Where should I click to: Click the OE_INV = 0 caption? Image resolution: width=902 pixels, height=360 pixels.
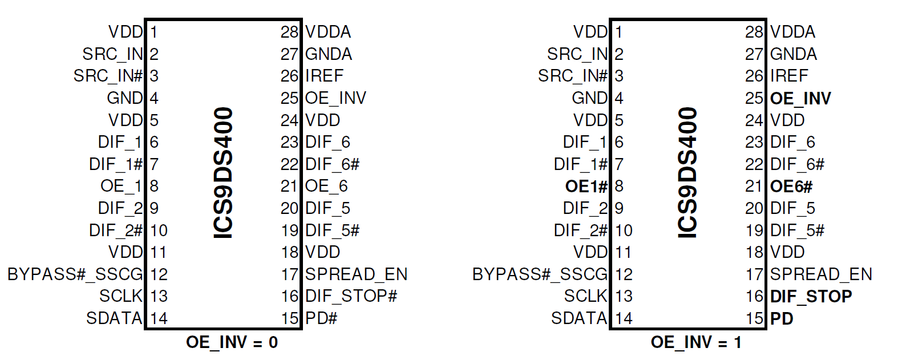point(232,342)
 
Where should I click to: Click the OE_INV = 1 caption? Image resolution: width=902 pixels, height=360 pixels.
point(696,342)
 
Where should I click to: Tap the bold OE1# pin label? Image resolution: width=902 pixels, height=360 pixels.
point(586,187)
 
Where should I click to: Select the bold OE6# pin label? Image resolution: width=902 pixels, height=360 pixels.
point(791,187)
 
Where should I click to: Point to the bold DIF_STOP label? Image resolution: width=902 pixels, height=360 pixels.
point(811,297)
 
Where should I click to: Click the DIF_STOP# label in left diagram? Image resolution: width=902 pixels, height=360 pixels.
point(351,297)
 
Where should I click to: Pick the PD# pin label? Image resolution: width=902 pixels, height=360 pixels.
point(321,318)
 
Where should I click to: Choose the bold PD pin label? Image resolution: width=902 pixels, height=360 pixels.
point(782,318)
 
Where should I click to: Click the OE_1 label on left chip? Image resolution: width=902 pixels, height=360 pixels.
point(121,187)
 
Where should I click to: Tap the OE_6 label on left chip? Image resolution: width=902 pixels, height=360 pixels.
point(326,187)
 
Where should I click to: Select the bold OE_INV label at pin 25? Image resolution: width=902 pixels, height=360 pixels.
point(800,99)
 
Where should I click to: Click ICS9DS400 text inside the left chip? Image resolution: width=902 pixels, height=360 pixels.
point(223,173)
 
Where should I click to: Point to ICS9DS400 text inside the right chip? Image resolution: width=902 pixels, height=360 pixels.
point(687,173)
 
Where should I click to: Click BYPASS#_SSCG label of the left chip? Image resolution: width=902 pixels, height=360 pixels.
point(75,274)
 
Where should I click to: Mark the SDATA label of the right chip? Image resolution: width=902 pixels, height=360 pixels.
point(579,318)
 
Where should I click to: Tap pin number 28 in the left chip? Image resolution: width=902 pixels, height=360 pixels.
point(289,33)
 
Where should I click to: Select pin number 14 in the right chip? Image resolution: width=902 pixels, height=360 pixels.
point(624,318)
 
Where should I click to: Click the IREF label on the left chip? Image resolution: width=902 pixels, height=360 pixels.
point(324,76)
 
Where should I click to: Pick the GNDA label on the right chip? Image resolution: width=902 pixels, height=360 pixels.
point(793,54)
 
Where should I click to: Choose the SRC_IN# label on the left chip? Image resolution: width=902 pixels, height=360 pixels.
point(108,76)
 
